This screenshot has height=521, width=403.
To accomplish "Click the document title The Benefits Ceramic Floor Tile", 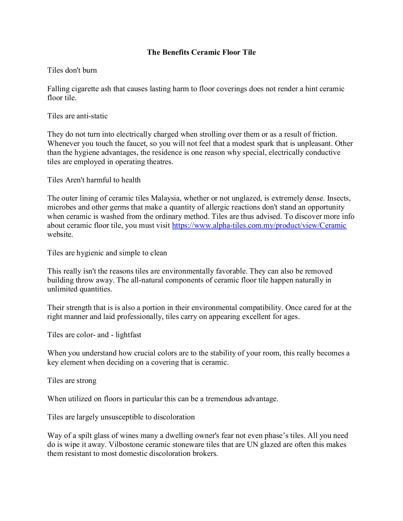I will point(201,52).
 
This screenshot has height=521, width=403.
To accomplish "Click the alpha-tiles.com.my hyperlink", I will point(259,225).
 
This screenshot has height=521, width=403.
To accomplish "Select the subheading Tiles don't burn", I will point(72,70).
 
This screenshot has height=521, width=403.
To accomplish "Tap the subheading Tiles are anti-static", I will point(77,116).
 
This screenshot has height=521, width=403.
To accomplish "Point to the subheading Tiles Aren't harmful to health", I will point(94,180).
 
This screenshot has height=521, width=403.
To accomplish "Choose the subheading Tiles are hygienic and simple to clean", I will point(107,253).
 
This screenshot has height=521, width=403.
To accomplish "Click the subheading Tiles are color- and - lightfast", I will point(94,335).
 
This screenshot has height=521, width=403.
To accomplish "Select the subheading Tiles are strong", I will point(72,381).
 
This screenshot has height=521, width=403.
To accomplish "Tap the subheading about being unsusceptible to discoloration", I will point(121,417).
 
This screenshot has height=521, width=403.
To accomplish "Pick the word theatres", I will point(158,162).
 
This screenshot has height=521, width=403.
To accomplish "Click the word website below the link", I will point(60,234).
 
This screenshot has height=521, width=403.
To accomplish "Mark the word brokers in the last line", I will point(205,454).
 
